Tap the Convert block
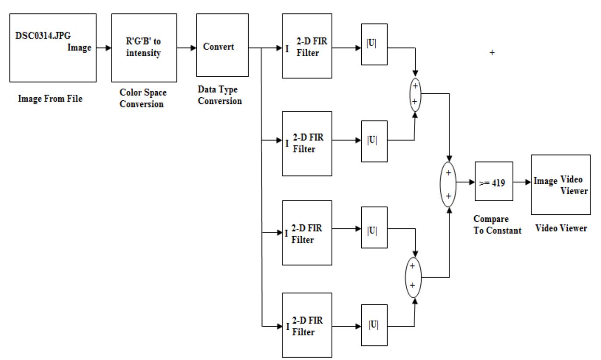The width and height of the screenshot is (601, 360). pos(220,45)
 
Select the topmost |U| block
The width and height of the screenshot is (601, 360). pos(374,44)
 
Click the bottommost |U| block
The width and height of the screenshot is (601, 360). pos(374,326)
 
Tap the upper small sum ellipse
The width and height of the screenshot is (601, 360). pos(415,93)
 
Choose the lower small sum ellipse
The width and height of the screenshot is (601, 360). pos(415,278)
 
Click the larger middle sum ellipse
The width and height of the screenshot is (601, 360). pos(448,185)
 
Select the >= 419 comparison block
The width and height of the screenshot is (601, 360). pos(493,181)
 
